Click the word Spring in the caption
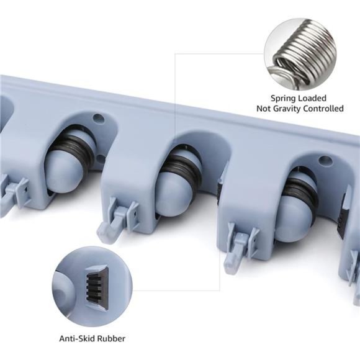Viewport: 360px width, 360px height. click(282, 99)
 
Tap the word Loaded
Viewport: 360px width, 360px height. click(312, 98)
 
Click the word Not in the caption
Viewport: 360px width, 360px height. click(262, 109)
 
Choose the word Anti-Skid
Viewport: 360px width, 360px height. click(78, 339)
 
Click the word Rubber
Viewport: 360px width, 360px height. click(112, 339)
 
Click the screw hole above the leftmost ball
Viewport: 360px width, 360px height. click(98, 118)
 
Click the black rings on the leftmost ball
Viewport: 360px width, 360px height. click(73, 148)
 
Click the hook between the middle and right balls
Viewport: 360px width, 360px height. click(240, 247)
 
